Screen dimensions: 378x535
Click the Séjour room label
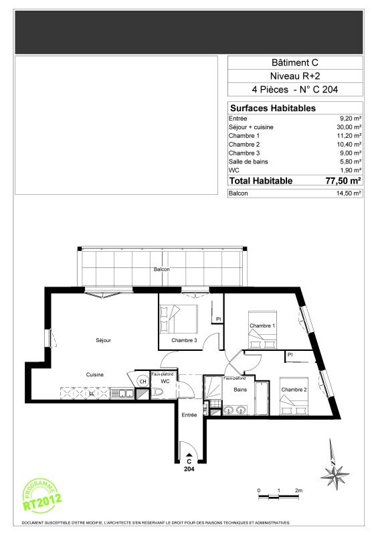coord(103,340)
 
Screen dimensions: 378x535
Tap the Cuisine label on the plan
coord(95,375)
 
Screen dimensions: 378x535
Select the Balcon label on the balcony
coord(161,269)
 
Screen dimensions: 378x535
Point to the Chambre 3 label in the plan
coord(184,340)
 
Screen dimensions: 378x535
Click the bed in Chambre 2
coord(294,396)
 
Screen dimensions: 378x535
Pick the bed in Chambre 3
coord(179,319)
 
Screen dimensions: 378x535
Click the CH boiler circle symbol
coord(143,382)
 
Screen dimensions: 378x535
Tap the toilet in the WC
coord(157,393)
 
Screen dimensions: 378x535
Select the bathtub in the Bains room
coord(262,398)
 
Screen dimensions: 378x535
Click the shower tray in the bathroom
coord(213,388)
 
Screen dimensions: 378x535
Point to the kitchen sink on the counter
coord(122,394)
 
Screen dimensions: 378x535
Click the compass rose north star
coord(335,473)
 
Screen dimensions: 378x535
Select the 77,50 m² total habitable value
coord(343,181)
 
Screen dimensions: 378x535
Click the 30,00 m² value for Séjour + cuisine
coord(349,127)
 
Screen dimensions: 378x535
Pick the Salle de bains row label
coord(248,162)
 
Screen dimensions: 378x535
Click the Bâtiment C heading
coord(295,63)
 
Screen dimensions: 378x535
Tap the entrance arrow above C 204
coord(189,455)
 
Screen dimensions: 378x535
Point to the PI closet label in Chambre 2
coord(290,355)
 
